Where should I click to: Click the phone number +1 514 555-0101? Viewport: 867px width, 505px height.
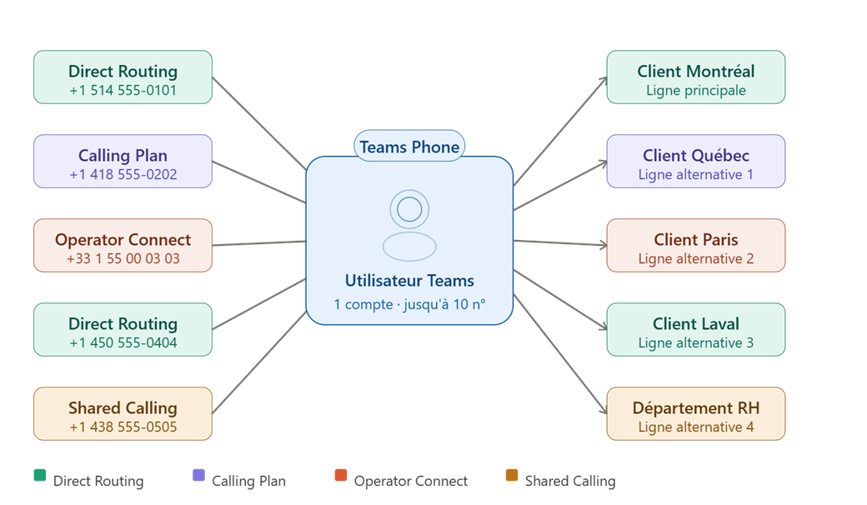click(x=123, y=91)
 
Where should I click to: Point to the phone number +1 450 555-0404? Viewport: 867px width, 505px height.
click(x=123, y=342)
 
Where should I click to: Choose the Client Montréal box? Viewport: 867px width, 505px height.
click(x=695, y=77)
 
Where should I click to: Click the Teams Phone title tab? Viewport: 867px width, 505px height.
click(x=409, y=147)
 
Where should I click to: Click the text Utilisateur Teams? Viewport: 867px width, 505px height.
click(x=409, y=281)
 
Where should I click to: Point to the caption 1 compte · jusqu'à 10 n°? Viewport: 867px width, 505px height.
click(x=409, y=305)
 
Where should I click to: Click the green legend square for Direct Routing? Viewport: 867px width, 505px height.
click(x=39, y=476)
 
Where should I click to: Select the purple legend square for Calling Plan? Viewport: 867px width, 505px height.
click(x=198, y=475)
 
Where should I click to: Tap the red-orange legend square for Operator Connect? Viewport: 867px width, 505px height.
click(x=340, y=475)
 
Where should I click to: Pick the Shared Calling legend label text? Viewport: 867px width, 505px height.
click(x=569, y=481)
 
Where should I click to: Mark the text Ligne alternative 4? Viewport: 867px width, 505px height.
click(x=695, y=427)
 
